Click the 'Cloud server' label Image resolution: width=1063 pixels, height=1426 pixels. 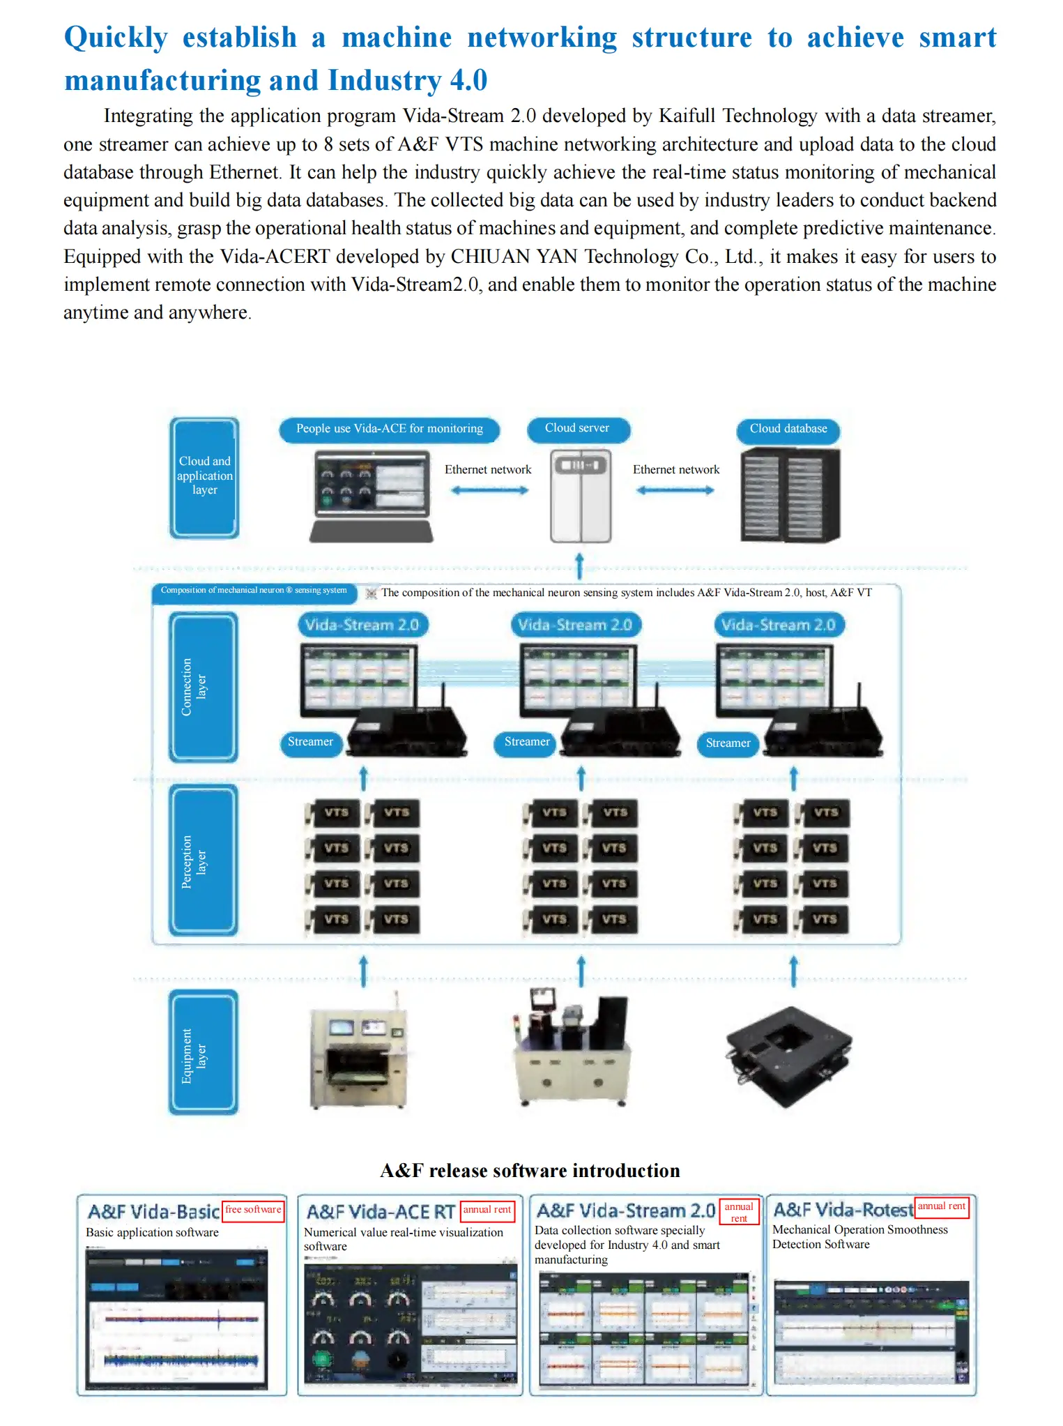577,429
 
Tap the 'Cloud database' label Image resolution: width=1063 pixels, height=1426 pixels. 788,430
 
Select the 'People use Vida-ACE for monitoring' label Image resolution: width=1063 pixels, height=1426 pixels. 389,430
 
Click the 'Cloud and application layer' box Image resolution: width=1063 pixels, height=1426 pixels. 204,477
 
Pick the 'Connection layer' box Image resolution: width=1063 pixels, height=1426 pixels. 204,687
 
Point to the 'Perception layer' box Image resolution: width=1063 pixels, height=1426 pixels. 204,860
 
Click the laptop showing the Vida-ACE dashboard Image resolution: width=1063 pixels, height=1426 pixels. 372,495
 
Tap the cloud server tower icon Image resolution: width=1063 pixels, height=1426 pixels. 580,496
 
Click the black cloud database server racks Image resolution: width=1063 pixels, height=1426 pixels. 789,495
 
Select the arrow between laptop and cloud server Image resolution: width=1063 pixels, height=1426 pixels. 489,490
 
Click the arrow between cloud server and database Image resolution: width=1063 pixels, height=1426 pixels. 675,490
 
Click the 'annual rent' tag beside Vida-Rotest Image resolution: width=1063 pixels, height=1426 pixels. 941,1207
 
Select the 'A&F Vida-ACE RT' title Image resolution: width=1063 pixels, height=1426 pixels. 381,1212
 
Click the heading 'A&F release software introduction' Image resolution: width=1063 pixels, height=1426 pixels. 530,1171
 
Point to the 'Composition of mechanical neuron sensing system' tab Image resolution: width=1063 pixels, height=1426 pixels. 254,591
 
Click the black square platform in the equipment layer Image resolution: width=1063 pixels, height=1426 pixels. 788,1055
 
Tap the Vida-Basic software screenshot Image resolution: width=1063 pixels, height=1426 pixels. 176,1319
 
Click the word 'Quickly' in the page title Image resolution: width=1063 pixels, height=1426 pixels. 116,38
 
